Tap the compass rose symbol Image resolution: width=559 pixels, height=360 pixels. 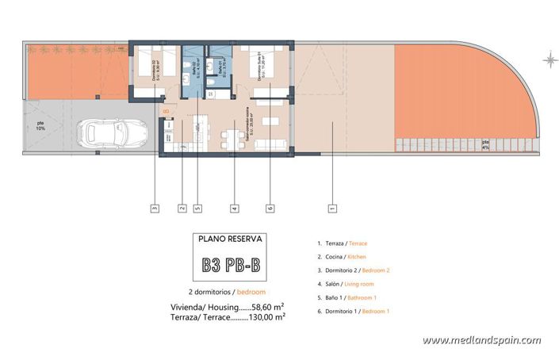click(549, 59)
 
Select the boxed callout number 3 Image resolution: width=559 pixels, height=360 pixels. click(154, 209)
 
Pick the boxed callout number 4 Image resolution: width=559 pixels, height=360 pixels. click(234, 209)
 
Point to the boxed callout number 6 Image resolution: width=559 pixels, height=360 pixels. click(270, 209)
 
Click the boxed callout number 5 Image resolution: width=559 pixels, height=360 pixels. click(197, 209)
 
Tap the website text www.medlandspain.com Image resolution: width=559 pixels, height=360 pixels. click(481, 340)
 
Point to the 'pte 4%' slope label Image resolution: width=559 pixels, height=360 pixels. click(485, 144)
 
